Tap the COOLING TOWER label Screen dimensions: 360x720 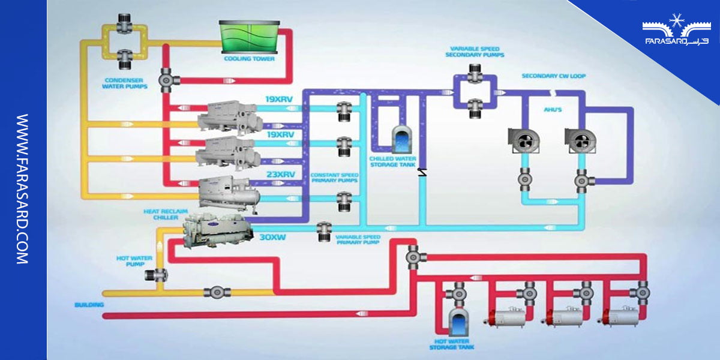click(x=249, y=59)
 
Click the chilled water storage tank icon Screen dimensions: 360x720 click(x=399, y=140)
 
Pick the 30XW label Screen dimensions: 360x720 click(x=273, y=236)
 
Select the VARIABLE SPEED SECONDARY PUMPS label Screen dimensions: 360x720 click(x=475, y=51)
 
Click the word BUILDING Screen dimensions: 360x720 click(x=89, y=305)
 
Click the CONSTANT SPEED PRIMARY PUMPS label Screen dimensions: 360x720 click(x=335, y=178)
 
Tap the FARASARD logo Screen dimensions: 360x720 click(x=675, y=33)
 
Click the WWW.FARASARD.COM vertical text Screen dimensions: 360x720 click(x=23, y=189)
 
